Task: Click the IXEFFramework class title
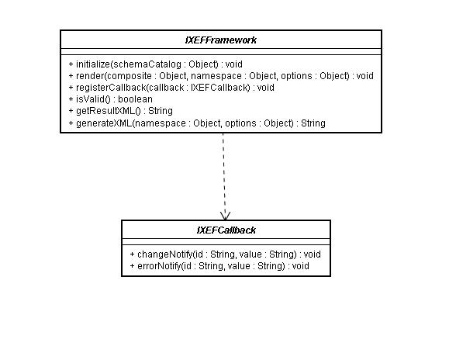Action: click(221, 40)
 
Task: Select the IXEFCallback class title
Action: click(226, 230)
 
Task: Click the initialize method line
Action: click(156, 64)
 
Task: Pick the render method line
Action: click(221, 76)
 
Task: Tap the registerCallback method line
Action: click(171, 88)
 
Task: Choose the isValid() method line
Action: click(110, 99)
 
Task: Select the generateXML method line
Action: click(197, 123)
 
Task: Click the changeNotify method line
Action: click(226, 254)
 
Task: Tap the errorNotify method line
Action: click(219, 266)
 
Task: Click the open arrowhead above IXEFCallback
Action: click(226, 216)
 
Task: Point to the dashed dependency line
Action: click(224, 176)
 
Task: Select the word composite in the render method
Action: click(130, 76)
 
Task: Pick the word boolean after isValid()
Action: click(135, 99)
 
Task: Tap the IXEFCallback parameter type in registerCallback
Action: click(220, 88)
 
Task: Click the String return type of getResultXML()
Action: click(161, 111)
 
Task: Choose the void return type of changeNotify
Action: click(313, 254)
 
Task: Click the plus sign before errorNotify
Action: click(133, 266)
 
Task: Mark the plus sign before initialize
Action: click(71, 64)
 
